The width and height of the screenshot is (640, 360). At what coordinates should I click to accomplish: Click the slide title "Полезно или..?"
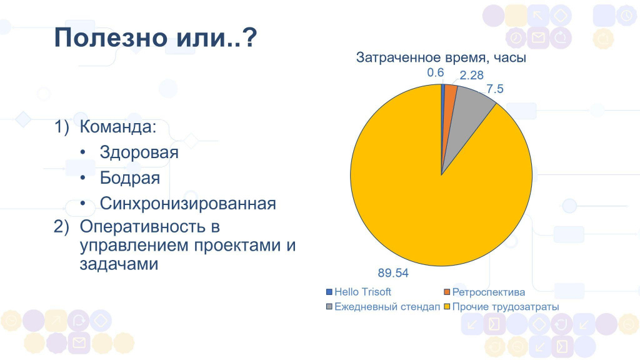[156, 38]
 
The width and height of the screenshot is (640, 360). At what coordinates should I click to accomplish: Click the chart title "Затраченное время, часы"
[441, 57]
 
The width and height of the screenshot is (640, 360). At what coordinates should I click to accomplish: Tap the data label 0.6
[435, 72]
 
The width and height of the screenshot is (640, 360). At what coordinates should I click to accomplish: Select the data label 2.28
[471, 75]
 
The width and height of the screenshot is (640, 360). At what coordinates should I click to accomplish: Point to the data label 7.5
[495, 89]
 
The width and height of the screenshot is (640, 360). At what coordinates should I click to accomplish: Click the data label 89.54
[393, 273]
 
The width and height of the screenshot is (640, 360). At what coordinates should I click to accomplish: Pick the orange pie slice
[449, 98]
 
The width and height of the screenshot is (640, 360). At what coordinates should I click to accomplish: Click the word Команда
[118, 127]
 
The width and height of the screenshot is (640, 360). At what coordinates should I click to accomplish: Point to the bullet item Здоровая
[139, 152]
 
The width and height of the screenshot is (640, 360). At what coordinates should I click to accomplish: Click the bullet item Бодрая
[130, 178]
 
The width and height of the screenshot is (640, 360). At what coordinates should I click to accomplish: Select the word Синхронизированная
[187, 204]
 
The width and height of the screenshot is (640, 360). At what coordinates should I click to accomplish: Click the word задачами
[119, 264]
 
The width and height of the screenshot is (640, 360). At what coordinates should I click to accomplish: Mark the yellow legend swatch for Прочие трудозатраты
[447, 306]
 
